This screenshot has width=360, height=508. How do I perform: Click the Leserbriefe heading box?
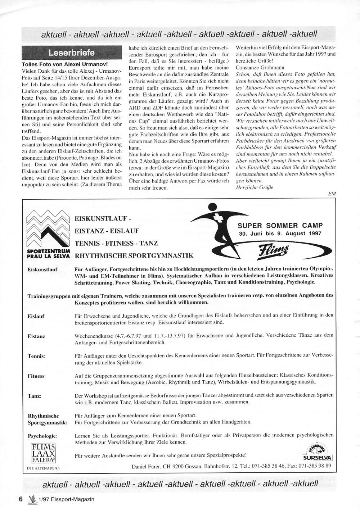coord(72,53)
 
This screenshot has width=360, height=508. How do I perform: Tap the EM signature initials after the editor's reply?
coord(332,194)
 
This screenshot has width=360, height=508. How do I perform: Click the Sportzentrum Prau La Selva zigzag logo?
coord(48,230)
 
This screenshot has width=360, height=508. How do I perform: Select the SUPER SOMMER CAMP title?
coord(280,226)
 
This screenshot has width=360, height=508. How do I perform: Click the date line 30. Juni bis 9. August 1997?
coord(280,233)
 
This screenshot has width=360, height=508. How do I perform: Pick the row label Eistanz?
coord(36,336)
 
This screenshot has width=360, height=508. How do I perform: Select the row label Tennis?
coord(36,356)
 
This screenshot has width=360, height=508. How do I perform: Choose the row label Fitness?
coord(37,376)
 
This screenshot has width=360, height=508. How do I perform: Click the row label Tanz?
coord(35,396)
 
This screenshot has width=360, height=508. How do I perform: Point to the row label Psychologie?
coord(42,436)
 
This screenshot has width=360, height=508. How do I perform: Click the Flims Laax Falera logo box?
coord(43,453)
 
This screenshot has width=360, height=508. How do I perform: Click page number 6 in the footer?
coord(21,499)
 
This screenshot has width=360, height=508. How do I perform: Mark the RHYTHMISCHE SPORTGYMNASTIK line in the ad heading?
coord(134,256)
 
